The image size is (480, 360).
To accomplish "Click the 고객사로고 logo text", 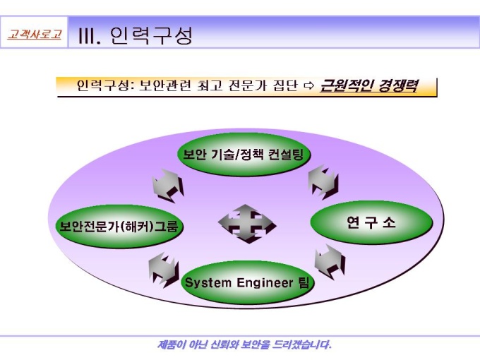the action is [35, 34].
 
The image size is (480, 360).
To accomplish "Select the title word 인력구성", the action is [151, 35].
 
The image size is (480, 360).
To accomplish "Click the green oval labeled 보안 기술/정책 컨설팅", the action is [244, 155].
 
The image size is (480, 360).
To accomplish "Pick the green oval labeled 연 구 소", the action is [371, 222].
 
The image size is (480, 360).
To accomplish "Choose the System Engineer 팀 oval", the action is [247, 282].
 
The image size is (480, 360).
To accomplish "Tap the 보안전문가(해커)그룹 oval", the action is [119, 226].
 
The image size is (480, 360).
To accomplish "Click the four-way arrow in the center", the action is [247, 224].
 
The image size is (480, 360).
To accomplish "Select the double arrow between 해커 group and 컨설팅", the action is [168, 185].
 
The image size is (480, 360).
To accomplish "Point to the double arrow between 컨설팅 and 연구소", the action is [323, 182].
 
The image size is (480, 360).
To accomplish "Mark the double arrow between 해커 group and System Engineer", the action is [164, 270].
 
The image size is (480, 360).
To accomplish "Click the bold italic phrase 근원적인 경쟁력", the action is [368, 85].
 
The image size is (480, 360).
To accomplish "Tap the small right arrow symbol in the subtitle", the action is [309, 86].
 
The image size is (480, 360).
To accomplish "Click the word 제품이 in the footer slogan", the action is [172, 344].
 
